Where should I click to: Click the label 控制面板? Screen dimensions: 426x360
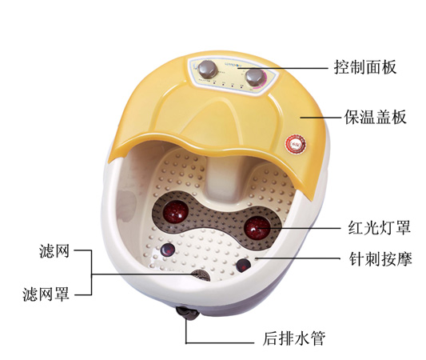pyautogui.click(x=365, y=67)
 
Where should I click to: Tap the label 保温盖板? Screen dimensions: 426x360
pyautogui.click(x=376, y=117)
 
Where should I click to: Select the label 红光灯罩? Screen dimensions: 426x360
pyautogui.click(x=380, y=227)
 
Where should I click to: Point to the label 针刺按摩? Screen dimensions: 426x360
pyautogui.click(x=380, y=258)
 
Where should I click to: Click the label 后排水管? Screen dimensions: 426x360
pyautogui.click(x=294, y=338)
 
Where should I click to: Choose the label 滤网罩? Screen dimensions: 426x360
pyautogui.click(x=46, y=294)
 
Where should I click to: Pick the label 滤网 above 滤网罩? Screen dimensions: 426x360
pyautogui.click(x=54, y=250)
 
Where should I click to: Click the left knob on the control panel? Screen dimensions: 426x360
pyautogui.click(x=207, y=68)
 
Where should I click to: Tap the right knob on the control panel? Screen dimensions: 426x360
pyautogui.click(x=254, y=78)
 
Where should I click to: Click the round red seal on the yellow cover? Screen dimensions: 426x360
pyautogui.click(x=296, y=144)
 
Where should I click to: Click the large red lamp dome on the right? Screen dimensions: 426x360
pyautogui.click(x=257, y=228)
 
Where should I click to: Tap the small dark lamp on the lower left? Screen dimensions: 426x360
pyautogui.click(x=168, y=250)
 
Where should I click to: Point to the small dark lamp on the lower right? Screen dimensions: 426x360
pyautogui.click(x=244, y=266)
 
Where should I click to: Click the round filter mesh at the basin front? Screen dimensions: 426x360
pyautogui.click(x=201, y=275)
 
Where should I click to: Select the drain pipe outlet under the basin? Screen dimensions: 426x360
pyautogui.click(x=188, y=313)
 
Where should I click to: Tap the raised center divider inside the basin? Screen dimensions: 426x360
pyautogui.click(x=222, y=179)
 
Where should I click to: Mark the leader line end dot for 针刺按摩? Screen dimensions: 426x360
pyautogui.click(x=256, y=258)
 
